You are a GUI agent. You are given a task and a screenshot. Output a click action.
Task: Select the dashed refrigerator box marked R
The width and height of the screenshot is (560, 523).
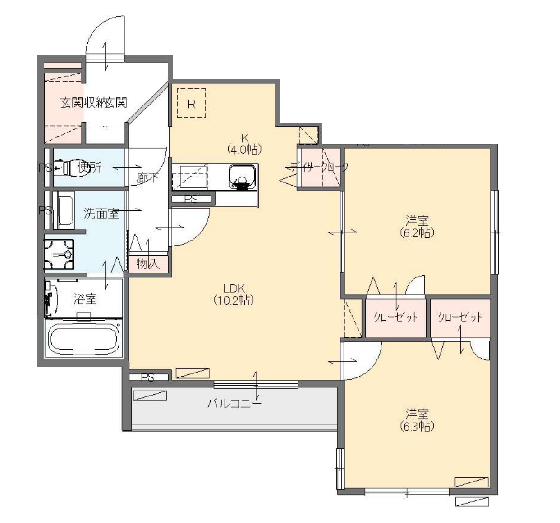click(x=191, y=104)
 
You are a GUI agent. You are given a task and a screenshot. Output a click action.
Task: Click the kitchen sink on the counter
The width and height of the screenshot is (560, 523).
click(x=242, y=176)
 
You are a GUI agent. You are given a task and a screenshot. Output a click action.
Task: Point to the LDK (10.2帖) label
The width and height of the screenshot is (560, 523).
click(x=234, y=294)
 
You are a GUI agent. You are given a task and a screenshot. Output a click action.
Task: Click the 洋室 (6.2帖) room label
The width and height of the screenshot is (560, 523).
click(x=417, y=227)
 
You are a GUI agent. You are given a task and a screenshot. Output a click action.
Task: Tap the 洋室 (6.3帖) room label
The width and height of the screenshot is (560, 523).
click(x=417, y=420)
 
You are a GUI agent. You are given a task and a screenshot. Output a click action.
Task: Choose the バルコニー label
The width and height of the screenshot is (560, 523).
click(x=234, y=403)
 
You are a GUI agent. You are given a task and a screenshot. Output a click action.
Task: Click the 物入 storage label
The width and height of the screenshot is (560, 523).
click(x=148, y=264)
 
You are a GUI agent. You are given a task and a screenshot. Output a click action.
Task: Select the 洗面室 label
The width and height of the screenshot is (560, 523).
click(x=101, y=214)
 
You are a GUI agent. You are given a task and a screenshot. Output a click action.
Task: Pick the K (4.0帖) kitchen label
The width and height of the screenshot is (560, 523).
click(x=244, y=143)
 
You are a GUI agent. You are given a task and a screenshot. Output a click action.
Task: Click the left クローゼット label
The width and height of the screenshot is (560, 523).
click(x=395, y=317)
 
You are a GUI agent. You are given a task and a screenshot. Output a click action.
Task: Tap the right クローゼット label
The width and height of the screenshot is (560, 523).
click(x=459, y=317)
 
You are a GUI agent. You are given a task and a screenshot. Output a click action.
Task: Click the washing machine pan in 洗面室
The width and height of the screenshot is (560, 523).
click(x=59, y=255)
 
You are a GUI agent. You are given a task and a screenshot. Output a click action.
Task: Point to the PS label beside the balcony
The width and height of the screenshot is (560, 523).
click(x=148, y=377)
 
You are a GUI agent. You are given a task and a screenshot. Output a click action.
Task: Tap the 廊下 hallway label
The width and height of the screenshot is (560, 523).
click(x=147, y=177)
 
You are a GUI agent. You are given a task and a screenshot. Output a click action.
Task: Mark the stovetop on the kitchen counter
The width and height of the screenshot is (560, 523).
click(x=190, y=177)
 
